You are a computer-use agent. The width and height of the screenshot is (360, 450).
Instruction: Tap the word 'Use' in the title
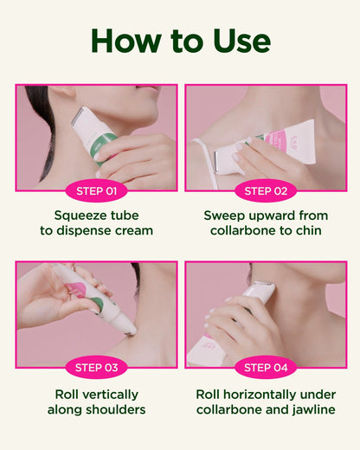click(241, 41)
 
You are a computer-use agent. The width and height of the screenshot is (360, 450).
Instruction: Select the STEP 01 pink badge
click(96, 191)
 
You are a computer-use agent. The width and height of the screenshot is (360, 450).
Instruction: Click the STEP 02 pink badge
click(266, 191)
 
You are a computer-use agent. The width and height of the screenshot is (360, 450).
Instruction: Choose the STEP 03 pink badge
click(96, 368)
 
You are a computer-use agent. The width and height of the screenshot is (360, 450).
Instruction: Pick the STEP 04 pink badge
click(266, 368)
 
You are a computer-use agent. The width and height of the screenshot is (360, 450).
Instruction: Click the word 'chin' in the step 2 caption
click(309, 230)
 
